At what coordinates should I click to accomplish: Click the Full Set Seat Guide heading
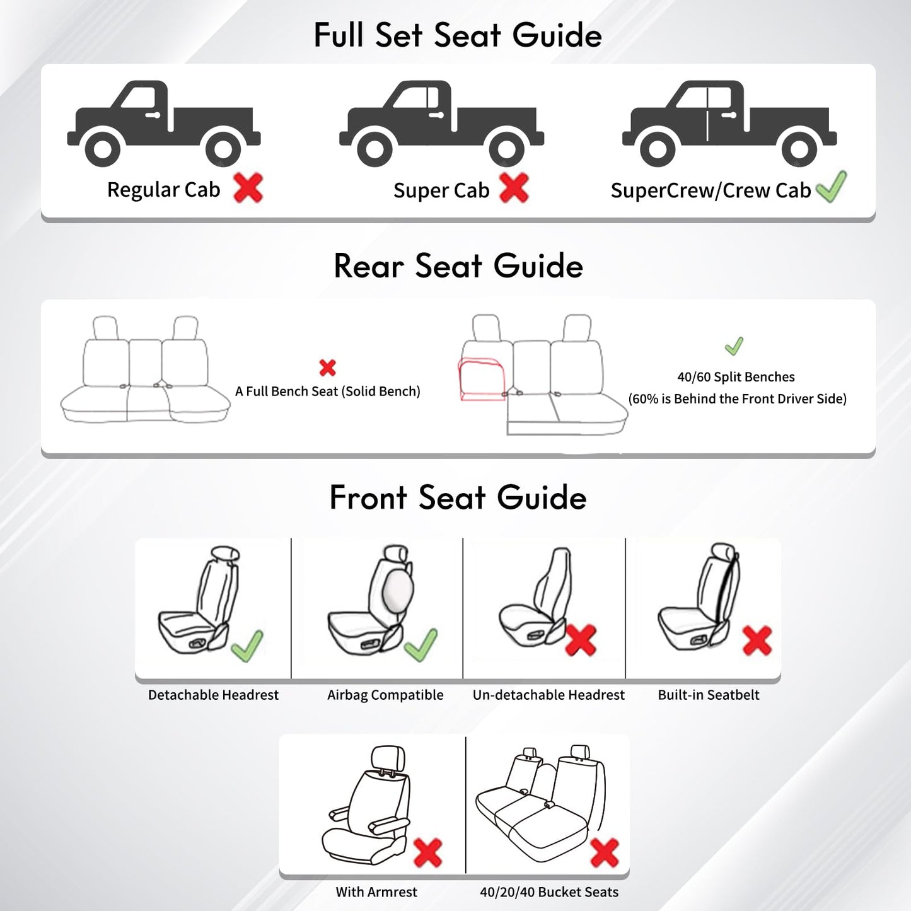[457, 35]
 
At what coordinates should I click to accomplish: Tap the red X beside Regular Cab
[248, 188]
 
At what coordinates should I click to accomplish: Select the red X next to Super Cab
[514, 188]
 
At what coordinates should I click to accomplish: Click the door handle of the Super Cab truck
[436, 115]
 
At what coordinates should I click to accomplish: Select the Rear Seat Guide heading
[458, 266]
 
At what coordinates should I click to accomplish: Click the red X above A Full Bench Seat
[327, 368]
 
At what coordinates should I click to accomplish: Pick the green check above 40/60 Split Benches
[734, 345]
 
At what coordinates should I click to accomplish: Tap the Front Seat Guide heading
[458, 497]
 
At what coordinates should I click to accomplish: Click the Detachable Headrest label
[213, 695]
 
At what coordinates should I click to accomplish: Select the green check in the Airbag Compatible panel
[421, 644]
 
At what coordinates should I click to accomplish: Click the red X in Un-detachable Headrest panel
[581, 641]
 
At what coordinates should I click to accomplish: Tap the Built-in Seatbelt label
[708, 695]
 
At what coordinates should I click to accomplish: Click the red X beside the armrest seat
[428, 852]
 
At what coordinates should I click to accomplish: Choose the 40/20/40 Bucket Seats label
[548, 892]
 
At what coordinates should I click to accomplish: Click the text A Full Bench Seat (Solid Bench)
[327, 392]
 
